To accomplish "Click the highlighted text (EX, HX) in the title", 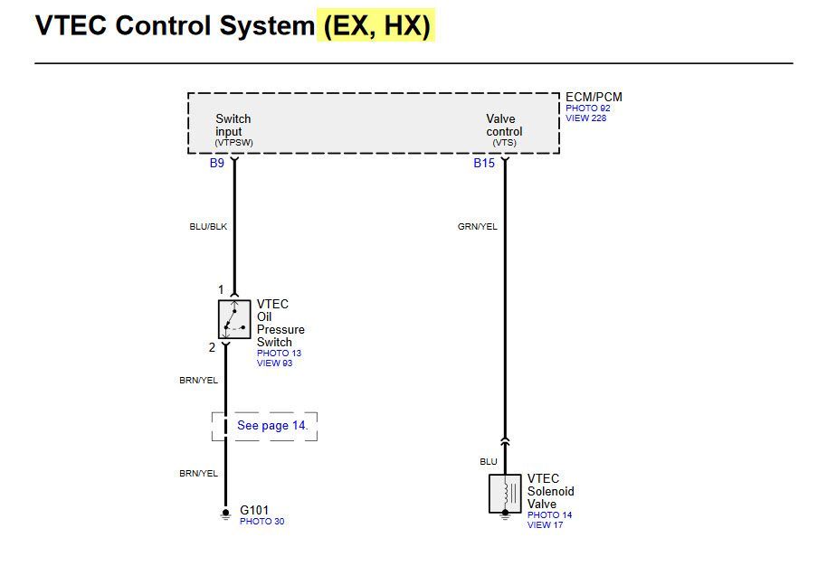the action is pyautogui.click(x=376, y=25).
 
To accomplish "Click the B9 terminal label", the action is pyautogui.click(x=217, y=163).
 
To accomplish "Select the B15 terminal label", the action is pyautogui.click(x=484, y=163).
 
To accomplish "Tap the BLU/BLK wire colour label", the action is pyautogui.click(x=208, y=227).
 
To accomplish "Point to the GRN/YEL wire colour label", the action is pyautogui.click(x=478, y=227).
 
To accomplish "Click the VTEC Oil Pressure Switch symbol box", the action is pyautogui.click(x=234, y=319).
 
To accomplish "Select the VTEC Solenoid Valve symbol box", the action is pyautogui.click(x=505, y=494).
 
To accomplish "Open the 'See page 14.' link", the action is pyautogui.click(x=272, y=425).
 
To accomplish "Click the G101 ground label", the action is pyautogui.click(x=254, y=510).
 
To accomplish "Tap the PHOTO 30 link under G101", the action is pyautogui.click(x=262, y=521).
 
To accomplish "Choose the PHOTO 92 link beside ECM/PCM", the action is pyautogui.click(x=588, y=108).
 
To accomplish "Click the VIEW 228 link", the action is pyautogui.click(x=586, y=118).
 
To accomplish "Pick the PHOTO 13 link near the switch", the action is pyautogui.click(x=279, y=354).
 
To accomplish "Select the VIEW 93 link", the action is pyautogui.click(x=274, y=363).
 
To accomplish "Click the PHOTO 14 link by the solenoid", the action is pyautogui.click(x=549, y=514).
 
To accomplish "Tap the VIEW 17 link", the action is pyautogui.click(x=545, y=525).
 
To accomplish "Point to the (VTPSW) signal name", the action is pyautogui.click(x=233, y=143).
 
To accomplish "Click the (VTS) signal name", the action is pyautogui.click(x=504, y=143).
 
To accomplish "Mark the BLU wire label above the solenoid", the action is pyautogui.click(x=489, y=462).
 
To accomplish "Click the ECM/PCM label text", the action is pyautogui.click(x=594, y=97).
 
